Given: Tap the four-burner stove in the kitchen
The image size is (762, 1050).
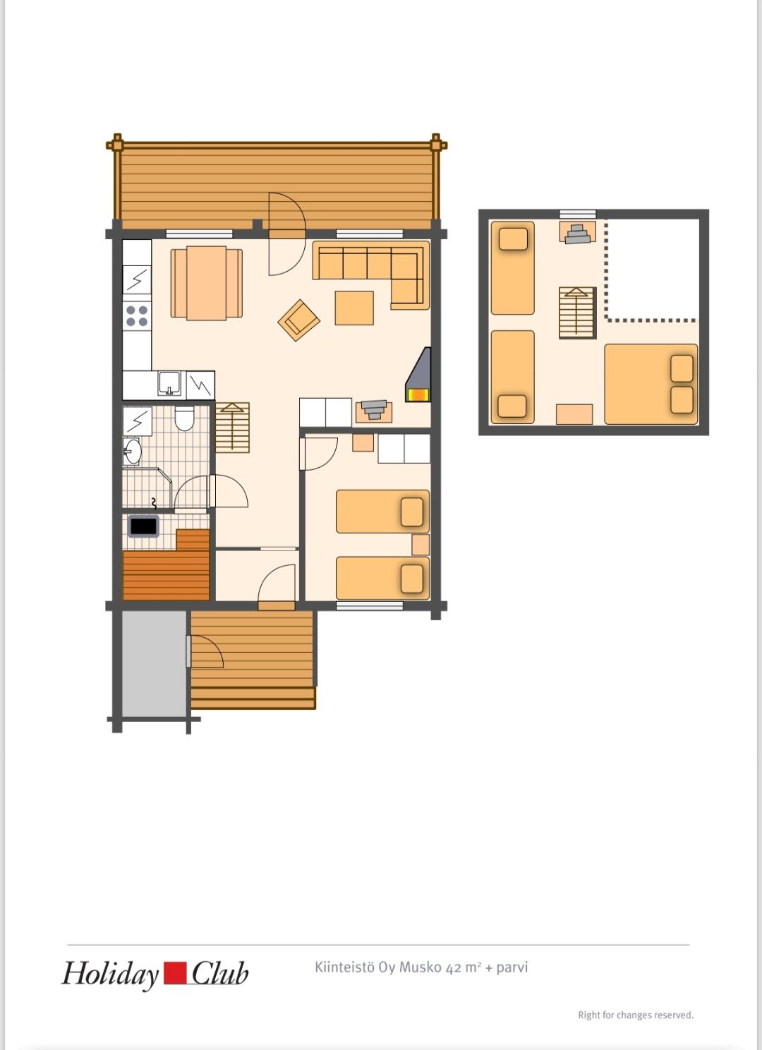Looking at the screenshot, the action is (x=137, y=315).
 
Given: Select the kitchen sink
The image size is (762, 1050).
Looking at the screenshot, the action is (x=169, y=384).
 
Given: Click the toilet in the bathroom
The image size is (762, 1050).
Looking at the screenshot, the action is (x=184, y=418).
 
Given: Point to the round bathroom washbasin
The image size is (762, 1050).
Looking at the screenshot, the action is (x=133, y=451).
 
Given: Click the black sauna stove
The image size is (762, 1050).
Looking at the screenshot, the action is (x=143, y=526).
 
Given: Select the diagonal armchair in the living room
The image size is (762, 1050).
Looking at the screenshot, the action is (x=299, y=320).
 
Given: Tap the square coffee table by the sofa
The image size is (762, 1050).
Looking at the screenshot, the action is (x=354, y=308).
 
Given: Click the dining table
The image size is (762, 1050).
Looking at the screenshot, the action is (x=206, y=284).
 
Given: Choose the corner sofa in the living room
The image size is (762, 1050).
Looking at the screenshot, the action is (x=371, y=274).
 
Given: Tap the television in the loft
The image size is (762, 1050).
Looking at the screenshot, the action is (x=577, y=233).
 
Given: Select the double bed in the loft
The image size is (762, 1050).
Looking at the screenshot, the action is (x=651, y=385).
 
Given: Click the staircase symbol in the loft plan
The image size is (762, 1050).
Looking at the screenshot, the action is (x=577, y=313).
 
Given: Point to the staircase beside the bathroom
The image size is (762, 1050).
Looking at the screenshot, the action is (x=232, y=428).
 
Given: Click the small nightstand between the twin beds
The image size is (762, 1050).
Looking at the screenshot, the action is (x=421, y=545).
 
